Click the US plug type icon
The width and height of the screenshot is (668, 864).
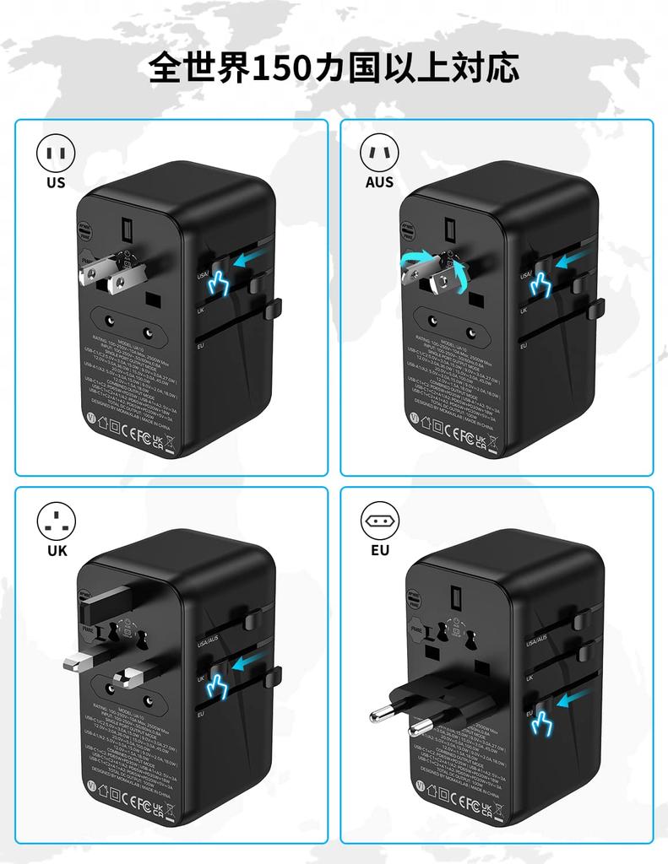tap(56, 154)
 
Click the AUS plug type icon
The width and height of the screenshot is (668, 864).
tap(380, 154)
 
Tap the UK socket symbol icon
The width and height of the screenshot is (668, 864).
tap(56, 521)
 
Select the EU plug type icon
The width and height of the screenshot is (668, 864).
tap(380, 521)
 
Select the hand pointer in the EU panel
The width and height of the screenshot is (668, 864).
tap(540, 722)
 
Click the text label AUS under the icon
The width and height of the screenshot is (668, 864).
tap(380, 182)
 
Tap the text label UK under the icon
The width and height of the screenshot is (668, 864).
tap(56, 551)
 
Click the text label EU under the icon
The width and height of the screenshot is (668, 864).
tap(380, 551)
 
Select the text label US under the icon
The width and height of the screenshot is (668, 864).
tap(56, 182)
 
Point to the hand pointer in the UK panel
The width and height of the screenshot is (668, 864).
tap(218, 687)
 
